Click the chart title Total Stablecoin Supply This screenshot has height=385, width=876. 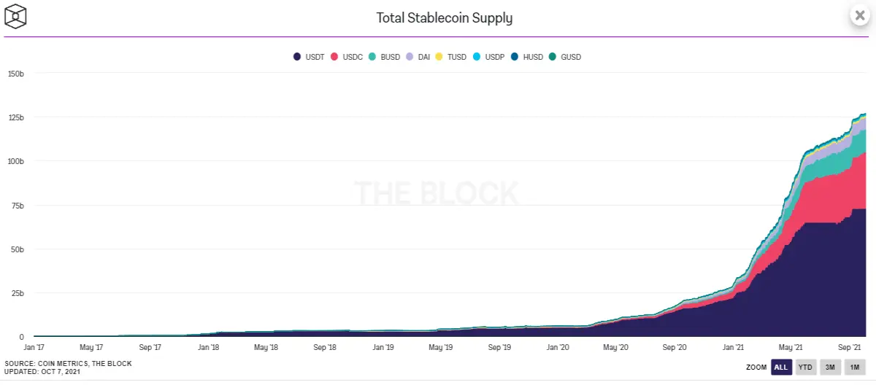coord(445,18)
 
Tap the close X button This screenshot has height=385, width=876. coord(860,15)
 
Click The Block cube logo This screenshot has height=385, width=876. coord(15,16)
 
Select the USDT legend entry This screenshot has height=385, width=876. coord(309,57)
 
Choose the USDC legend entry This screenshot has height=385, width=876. coord(347,57)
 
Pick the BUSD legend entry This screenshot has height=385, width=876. coord(384,57)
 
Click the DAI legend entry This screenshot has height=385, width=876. coord(418,57)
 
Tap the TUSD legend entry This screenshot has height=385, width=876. coord(450,57)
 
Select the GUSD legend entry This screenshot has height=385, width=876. coord(565,57)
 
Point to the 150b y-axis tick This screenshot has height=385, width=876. coord(15,74)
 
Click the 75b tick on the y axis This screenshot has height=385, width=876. coord(18,206)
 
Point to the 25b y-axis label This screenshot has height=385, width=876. coord(18,293)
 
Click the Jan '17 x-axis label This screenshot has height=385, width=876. coord(34,347)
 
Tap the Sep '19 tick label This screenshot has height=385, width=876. coord(499,347)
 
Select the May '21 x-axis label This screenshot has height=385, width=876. coord(791,347)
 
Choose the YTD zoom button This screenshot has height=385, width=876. coord(805,367)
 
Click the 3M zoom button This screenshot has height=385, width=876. coord(830,367)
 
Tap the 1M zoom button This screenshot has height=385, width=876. coord(855,367)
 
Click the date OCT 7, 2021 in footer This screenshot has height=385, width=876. coord(61,372)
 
